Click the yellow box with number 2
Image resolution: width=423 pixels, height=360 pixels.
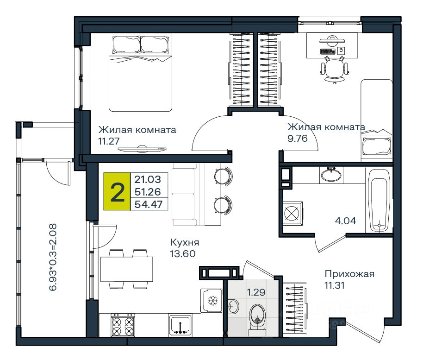tap(117, 191)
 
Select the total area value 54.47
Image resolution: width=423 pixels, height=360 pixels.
tap(149, 204)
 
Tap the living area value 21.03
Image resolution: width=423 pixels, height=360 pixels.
tap(148, 179)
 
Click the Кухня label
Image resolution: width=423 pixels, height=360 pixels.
tap(185, 242)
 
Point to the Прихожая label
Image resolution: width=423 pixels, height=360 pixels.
tap(349, 274)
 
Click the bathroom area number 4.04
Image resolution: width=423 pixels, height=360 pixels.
tap(345, 221)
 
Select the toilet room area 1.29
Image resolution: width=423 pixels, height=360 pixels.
tap(256, 292)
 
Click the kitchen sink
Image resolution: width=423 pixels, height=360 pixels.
tap(180, 325)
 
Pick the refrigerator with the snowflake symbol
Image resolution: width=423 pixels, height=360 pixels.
tap(211, 300)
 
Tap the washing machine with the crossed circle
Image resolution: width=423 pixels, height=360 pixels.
tap(292, 213)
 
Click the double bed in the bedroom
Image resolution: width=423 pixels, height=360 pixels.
tap(140, 72)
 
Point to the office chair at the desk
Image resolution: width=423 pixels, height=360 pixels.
tap(335, 69)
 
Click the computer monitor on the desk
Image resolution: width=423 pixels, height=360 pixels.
tap(332, 40)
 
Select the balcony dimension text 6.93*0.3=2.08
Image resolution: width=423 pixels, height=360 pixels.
tap(53, 257)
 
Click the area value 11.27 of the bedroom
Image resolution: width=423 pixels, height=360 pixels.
tap(109, 141)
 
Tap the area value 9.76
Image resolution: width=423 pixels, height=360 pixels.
tap(298, 138)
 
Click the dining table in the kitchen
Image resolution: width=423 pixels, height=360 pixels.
tap(126, 269)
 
